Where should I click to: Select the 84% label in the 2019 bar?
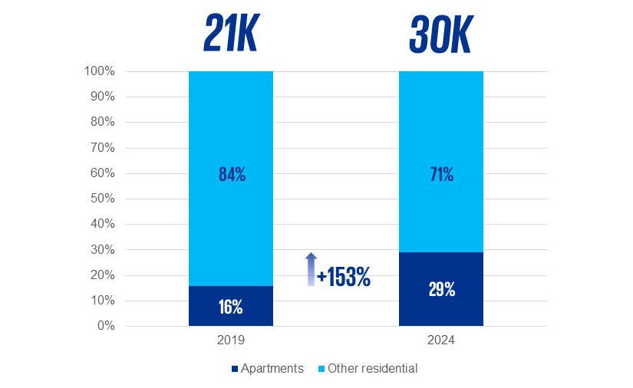[231, 175]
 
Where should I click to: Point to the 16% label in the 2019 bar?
[231, 307]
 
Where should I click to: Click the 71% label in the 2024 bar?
[441, 175]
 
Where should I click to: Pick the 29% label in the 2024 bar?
[441, 289]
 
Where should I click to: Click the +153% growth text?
[344, 278]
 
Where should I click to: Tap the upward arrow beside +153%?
[310, 269]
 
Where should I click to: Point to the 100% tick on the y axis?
[100, 72]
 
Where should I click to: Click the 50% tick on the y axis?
[102, 199]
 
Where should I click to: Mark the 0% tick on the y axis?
[105, 326]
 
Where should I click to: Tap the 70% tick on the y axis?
[102, 148]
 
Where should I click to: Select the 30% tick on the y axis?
[102, 250]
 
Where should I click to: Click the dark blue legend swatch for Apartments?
[235, 369]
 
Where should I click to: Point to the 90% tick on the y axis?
[102, 97]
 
